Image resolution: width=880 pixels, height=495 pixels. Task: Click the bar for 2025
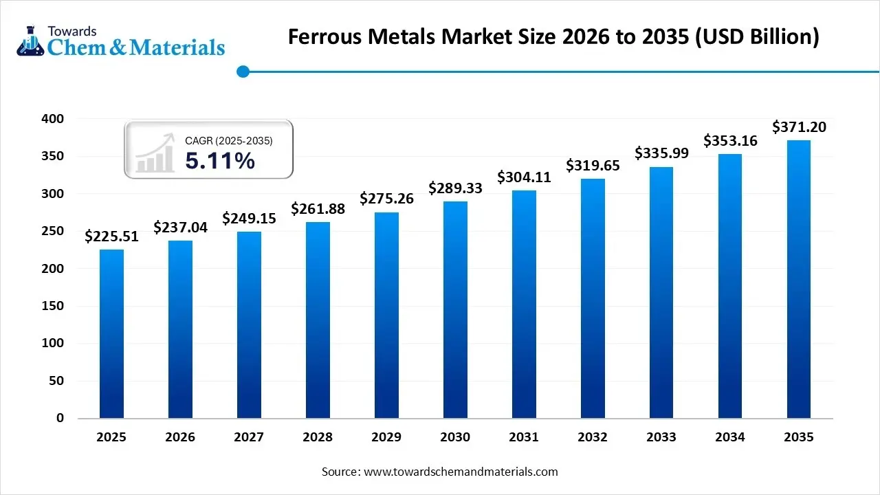[x=111, y=333]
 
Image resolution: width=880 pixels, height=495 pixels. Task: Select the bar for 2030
[x=455, y=309]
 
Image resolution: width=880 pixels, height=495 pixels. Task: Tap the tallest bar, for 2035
[x=799, y=279]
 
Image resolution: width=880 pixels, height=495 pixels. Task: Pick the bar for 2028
[x=318, y=320]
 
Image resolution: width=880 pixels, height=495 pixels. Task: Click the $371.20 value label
[x=799, y=127]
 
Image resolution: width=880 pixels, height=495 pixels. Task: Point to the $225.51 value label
[x=111, y=236]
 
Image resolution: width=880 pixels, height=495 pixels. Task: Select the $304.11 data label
[x=524, y=177]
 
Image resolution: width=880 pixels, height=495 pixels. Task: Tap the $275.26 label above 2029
[x=386, y=199]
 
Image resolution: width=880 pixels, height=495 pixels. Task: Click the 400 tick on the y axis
[x=52, y=119]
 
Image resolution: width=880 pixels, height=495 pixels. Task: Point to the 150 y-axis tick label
[x=52, y=306]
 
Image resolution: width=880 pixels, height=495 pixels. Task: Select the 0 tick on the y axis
[x=60, y=418]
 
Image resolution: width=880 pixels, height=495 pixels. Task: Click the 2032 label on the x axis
[x=593, y=437]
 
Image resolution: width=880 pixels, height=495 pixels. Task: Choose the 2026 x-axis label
[x=180, y=437]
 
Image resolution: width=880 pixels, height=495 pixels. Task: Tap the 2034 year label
[x=730, y=437]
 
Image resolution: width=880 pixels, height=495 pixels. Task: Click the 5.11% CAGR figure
[x=220, y=161]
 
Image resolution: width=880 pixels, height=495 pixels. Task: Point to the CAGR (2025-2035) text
[x=229, y=141]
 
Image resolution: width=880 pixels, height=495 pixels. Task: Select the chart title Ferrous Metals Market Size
[x=553, y=36]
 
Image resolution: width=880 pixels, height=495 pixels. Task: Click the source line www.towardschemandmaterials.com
[x=440, y=472]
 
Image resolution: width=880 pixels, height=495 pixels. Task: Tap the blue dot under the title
[x=242, y=71]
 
